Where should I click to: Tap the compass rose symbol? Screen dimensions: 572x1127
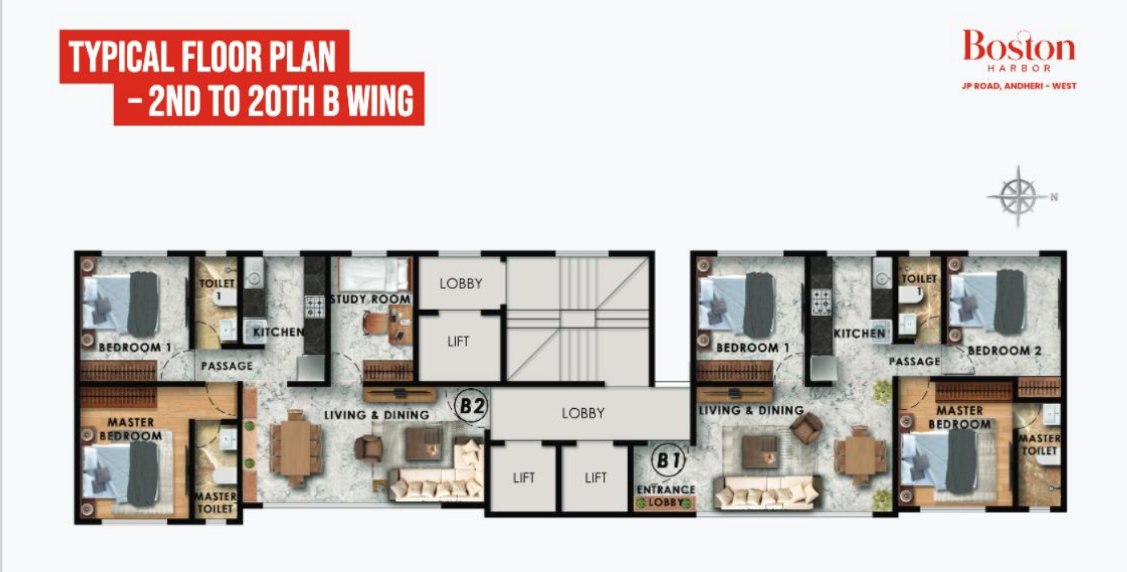(1018, 195)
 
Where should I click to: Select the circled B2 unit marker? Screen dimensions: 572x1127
(472, 405)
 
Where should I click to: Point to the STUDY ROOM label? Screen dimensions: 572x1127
(370, 300)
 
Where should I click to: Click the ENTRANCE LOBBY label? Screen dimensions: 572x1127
(666, 496)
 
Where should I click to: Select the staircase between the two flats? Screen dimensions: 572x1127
(577, 317)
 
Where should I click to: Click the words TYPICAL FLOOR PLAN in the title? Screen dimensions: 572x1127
(202, 58)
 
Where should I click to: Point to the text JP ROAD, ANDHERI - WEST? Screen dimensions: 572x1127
(1018, 85)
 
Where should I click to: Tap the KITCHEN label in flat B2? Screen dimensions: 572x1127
(278, 332)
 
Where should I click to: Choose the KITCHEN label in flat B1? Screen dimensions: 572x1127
(859, 333)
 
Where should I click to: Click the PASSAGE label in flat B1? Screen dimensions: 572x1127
(914, 362)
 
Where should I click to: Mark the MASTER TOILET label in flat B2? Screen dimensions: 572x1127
(215, 502)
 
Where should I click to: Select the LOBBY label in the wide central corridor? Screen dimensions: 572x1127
(582, 413)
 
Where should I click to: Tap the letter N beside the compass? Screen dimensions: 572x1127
(1054, 195)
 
